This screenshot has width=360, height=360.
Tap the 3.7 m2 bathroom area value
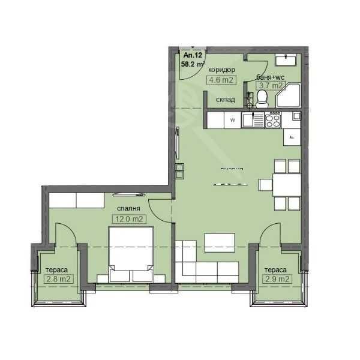tap(270, 85)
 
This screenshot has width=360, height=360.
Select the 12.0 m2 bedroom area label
tap(129, 219)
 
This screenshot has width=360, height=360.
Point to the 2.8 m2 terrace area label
tap(59, 279)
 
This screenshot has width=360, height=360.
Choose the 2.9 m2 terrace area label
tap(277, 279)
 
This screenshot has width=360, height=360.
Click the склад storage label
tap(226, 99)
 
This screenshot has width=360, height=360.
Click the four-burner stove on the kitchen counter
tap(272, 121)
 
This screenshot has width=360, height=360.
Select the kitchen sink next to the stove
tap(253, 121)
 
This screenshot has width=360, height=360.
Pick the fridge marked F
tap(291, 137)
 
